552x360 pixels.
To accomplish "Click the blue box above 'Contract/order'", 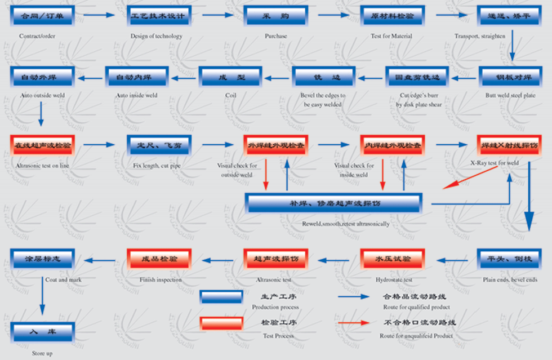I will (42, 16).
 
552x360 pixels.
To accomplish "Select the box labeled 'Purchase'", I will (275, 16).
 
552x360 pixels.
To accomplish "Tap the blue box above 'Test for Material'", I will (392, 16).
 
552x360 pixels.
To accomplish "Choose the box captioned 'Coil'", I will (230, 77).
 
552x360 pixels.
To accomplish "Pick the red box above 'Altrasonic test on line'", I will (42, 145).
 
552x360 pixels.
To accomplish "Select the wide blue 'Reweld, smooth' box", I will (333, 203).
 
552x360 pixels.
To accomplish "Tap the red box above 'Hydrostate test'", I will (392, 260).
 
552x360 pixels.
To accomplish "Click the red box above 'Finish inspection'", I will (159, 260).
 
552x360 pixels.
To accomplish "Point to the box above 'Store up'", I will (42, 332).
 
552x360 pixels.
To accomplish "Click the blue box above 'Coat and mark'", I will (42, 260).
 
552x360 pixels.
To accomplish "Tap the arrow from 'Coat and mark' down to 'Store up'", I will (42, 298).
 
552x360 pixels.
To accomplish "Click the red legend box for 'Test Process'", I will (221, 323).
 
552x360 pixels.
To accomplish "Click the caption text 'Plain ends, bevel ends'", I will (510, 280).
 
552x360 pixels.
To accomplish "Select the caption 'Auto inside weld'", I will (136, 96).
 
